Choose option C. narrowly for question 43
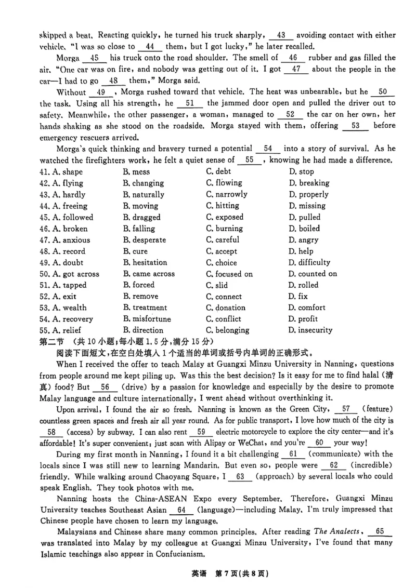pyautogui.click(x=227, y=194)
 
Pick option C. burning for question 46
pyautogui.click(x=224, y=229)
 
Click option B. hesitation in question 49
pyautogui.click(x=145, y=262)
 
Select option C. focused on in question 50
pyautogui.click(x=229, y=274)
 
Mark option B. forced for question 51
pyautogui.click(x=139, y=285)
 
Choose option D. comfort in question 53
pyautogui.click(x=307, y=308)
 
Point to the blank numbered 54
pyautogui.click(x=268, y=149)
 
